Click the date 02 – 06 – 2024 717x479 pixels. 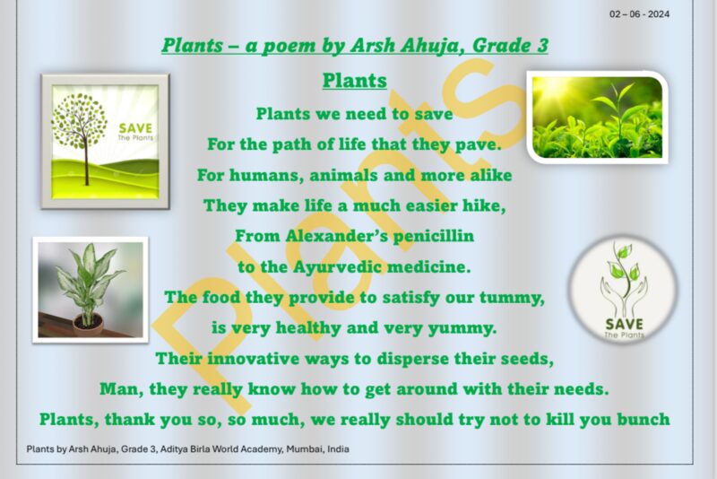(x=639, y=13)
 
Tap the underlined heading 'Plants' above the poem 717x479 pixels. (x=354, y=81)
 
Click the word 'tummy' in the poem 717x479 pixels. (x=517, y=297)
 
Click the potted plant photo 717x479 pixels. (x=90, y=289)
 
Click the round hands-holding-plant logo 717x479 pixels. (x=622, y=289)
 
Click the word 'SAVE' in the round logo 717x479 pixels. (x=622, y=323)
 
